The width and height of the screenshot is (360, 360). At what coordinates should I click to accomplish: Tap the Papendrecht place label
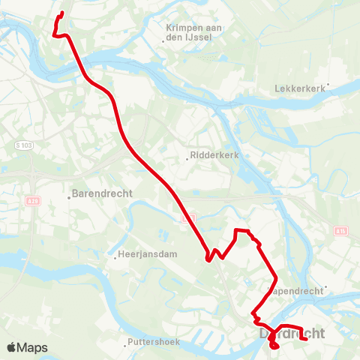[297, 289]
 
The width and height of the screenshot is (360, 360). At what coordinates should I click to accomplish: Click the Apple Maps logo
[26, 347]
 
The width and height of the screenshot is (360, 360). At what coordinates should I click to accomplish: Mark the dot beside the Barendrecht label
[69, 194]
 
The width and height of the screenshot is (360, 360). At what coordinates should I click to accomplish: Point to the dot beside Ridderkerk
[187, 159]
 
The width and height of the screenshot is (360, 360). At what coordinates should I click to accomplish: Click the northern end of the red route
[62, 13]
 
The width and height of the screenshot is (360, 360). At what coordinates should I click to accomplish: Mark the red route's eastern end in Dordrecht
[307, 340]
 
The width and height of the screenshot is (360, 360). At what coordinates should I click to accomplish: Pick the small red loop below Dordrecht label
[273, 346]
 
